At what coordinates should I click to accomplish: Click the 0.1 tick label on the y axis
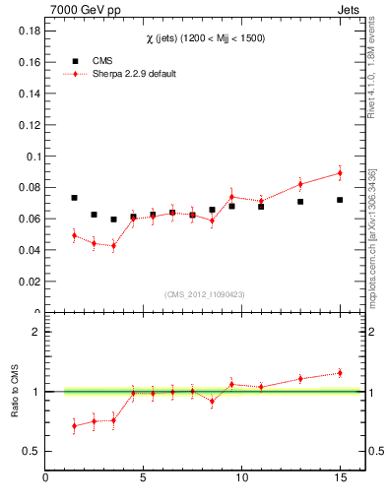[30, 156]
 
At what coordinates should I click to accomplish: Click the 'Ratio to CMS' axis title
[16, 392]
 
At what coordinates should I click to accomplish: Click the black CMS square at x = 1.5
[74, 198]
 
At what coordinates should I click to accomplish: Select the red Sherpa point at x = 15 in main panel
[340, 173]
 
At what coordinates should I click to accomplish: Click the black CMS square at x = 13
[300, 202]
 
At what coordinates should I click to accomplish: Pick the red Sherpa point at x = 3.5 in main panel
[113, 245]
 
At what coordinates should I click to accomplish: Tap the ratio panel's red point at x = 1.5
[74, 426]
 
